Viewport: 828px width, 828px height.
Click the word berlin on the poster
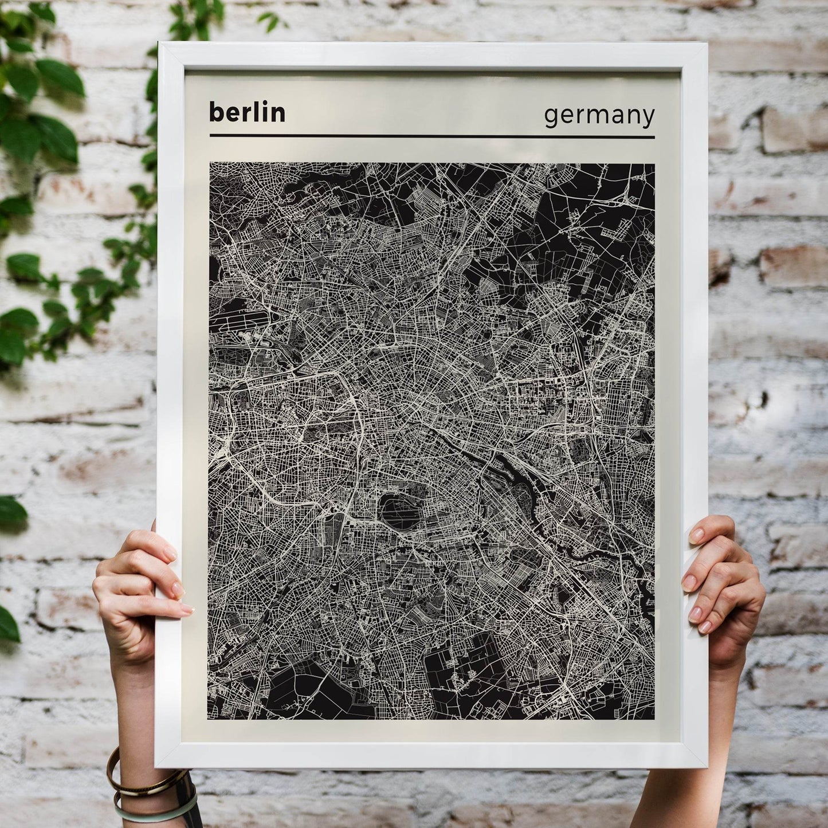click(247, 112)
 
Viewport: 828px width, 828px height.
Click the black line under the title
click(432, 136)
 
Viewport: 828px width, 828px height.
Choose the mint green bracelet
click(155, 810)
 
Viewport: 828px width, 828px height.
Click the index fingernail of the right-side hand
click(697, 536)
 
